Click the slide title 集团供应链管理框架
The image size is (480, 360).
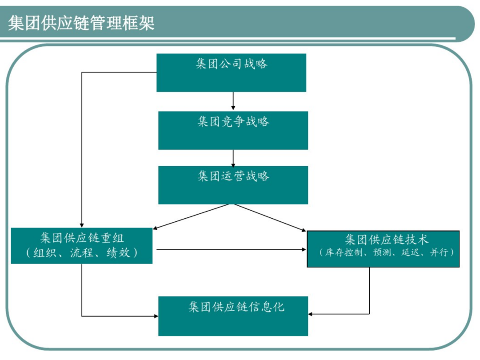point(81,23)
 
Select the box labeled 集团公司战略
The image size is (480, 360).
point(231,72)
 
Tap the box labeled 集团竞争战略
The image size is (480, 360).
point(233,130)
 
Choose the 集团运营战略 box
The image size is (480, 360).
point(233,185)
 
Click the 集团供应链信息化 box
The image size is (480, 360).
point(233,316)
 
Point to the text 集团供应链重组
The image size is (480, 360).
point(82,238)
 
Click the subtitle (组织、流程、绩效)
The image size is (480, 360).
point(82,252)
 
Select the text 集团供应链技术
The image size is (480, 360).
point(386,240)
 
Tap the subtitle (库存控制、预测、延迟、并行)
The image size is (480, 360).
point(386,252)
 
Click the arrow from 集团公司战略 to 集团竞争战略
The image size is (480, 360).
point(233,101)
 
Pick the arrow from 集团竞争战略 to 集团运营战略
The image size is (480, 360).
point(233,158)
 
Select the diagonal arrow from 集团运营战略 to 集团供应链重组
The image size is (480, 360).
point(191,217)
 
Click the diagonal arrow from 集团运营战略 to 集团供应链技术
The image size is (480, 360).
point(270,218)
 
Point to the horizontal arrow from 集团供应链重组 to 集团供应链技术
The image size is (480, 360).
point(231,249)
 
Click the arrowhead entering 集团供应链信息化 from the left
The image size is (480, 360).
point(156,316)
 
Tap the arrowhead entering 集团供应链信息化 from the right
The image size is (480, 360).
point(310,314)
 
